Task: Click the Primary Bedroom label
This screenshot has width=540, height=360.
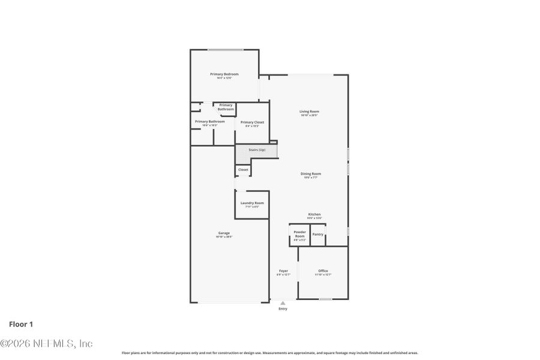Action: (x=224, y=74)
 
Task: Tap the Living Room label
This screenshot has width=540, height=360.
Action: (x=309, y=112)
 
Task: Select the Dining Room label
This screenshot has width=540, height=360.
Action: (x=310, y=174)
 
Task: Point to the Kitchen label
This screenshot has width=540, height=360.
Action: (x=314, y=214)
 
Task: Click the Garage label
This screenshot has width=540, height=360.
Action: (x=224, y=233)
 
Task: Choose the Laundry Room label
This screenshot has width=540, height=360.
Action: (x=252, y=203)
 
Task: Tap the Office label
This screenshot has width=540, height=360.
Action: (x=323, y=271)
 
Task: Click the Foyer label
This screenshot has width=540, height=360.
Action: (x=283, y=271)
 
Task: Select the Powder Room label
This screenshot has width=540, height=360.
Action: (x=299, y=234)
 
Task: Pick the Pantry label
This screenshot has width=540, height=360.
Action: (x=318, y=234)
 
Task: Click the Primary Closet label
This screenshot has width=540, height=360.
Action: (x=252, y=122)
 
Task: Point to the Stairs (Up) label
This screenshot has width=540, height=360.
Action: (x=256, y=149)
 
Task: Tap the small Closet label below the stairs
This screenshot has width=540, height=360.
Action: (x=243, y=170)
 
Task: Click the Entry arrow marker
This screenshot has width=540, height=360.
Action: (x=283, y=303)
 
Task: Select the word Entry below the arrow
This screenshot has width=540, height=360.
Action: (x=283, y=309)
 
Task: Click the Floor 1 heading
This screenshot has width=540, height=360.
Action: (x=21, y=324)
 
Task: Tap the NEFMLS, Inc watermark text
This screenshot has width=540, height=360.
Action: (x=46, y=344)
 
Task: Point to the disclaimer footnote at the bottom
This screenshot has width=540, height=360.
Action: (x=270, y=353)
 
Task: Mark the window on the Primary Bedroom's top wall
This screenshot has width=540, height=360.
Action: (x=226, y=50)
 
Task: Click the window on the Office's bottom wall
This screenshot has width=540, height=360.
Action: (x=325, y=299)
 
